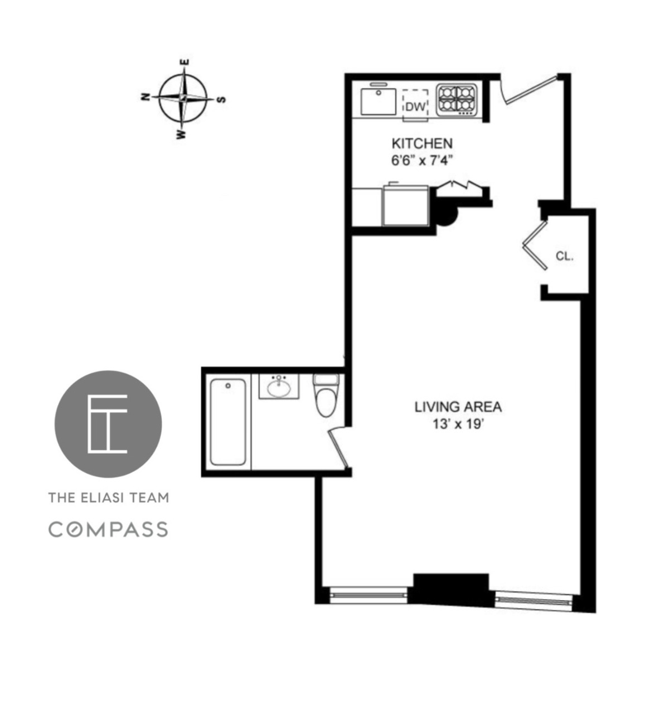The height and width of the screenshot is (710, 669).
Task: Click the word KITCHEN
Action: [421, 143]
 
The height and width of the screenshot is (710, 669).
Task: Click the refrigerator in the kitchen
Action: [405, 205]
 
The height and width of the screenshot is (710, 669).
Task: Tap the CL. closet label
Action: [564, 257]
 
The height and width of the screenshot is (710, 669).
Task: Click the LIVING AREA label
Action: [458, 407]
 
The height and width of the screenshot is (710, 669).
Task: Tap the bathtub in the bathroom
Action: [227, 421]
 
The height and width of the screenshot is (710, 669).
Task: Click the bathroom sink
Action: [279, 386]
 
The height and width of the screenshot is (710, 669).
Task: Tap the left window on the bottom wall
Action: [369, 595]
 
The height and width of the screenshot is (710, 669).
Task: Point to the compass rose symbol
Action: [183, 98]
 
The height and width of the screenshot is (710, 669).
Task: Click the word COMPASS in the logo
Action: [108, 529]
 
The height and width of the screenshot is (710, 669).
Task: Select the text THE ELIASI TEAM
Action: [108, 497]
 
